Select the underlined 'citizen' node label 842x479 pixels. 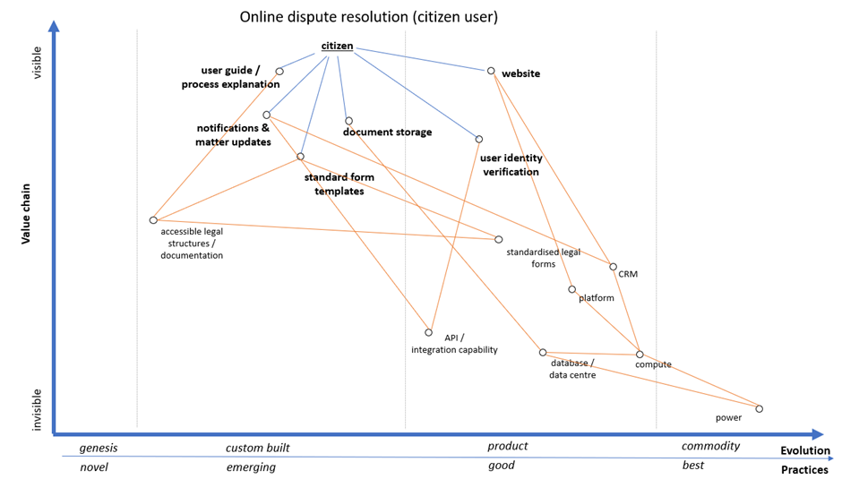(337, 47)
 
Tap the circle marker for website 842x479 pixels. (491, 71)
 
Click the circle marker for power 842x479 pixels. (760, 409)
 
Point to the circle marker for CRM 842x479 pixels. (613, 267)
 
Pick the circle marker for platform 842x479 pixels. (571, 289)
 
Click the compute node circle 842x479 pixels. (640, 354)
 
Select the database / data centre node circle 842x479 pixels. (543, 353)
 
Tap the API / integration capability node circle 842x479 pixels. (429, 332)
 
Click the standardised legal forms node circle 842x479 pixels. (499, 239)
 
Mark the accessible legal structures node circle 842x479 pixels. (153, 220)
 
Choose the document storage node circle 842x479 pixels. (348, 121)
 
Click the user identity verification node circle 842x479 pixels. (479, 139)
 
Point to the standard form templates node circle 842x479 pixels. (300, 157)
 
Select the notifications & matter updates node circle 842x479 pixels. (267, 115)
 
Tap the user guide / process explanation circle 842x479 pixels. (279, 72)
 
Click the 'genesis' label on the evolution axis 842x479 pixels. (99, 447)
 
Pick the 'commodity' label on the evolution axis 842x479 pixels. (710, 446)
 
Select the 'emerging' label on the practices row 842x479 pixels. (251, 467)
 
